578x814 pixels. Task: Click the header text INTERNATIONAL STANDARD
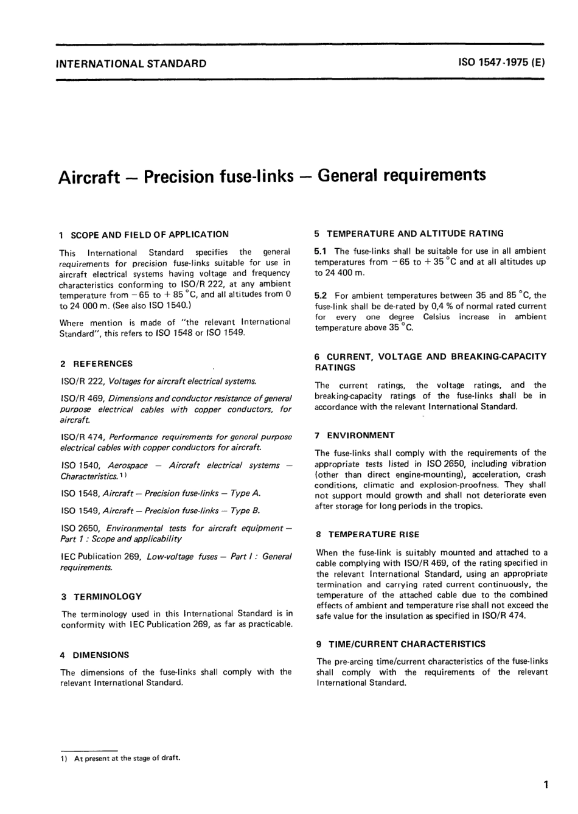(x=131, y=63)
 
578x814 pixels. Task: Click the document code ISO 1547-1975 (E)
(x=501, y=63)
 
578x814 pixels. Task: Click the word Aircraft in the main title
(x=89, y=177)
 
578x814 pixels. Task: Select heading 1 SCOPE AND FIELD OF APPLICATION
(x=144, y=234)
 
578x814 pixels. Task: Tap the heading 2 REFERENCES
(x=97, y=364)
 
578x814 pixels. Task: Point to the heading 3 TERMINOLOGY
(x=102, y=597)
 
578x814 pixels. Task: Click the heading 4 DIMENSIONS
(x=95, y=655)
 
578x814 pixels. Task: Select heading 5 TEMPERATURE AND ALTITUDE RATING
(x=409, y=233)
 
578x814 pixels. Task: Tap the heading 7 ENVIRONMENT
(x=355, y=435)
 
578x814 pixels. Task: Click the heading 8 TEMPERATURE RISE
(x=367, y=535)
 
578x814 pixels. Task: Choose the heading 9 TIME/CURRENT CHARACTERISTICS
(x=401, y=644)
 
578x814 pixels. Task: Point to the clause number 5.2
(x=321, y=295)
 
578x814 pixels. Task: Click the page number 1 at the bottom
(x=546, y=785)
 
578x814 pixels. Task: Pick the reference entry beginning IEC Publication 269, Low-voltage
(x=176, y=562)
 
